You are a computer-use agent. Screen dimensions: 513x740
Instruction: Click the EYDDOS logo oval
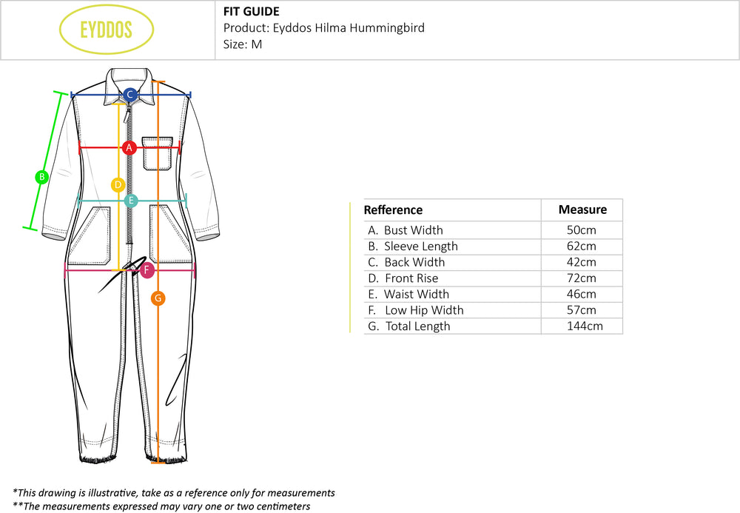click(107, 30)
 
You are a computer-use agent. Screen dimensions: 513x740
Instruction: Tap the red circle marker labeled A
click(129, 147)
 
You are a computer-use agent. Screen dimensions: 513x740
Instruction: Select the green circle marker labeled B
click(42, 177)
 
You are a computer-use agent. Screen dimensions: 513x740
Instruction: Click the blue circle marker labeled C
click(129, 94)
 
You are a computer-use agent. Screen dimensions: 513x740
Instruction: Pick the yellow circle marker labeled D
click(118, 184)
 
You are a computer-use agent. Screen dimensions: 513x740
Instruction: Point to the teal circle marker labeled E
click(131, 200)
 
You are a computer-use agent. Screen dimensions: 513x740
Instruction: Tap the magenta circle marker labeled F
click(147, 270)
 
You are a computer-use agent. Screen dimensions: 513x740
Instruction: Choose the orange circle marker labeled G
click(158, 298)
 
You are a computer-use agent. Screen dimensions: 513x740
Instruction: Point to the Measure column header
click(582, 209)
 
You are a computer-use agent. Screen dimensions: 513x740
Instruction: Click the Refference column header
click(393, 210)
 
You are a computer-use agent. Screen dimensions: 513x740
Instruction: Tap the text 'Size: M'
click(243, 44)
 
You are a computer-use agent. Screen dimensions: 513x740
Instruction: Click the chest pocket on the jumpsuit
click(158, 152)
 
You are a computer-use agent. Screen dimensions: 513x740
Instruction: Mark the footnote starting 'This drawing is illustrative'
click(175, 492)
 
